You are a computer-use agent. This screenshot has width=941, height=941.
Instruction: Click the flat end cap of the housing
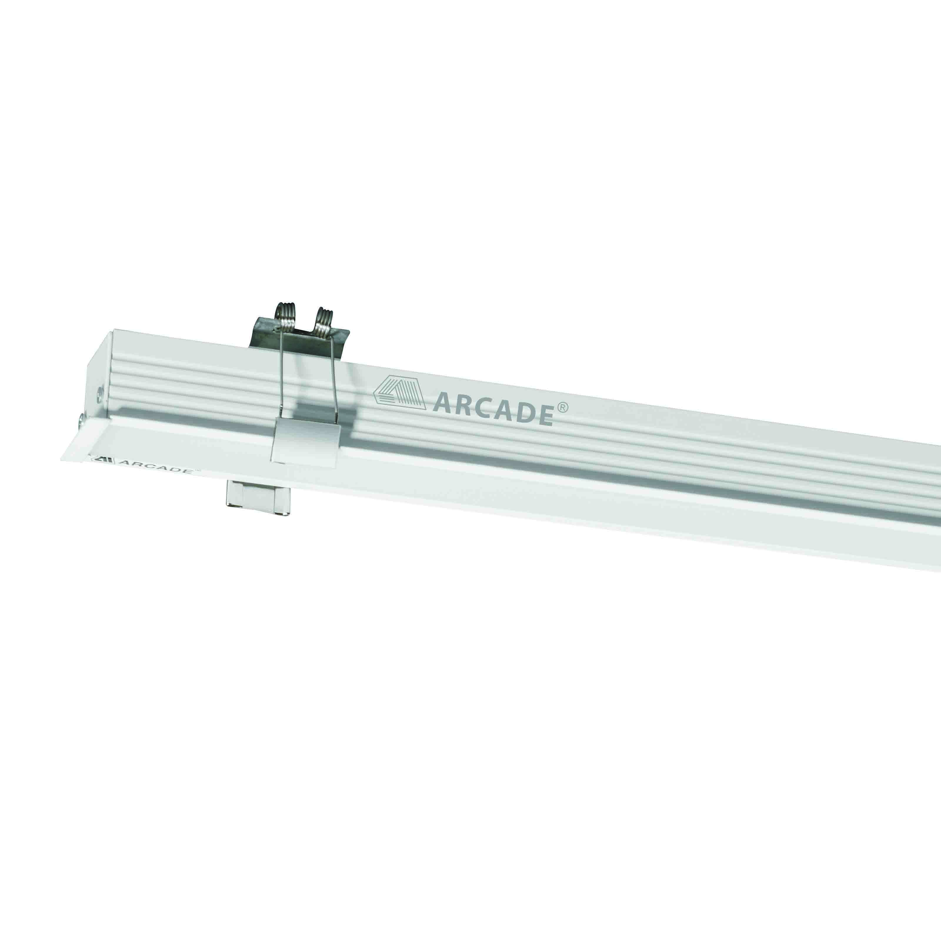pyautogui.click(x=100, y=387)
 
